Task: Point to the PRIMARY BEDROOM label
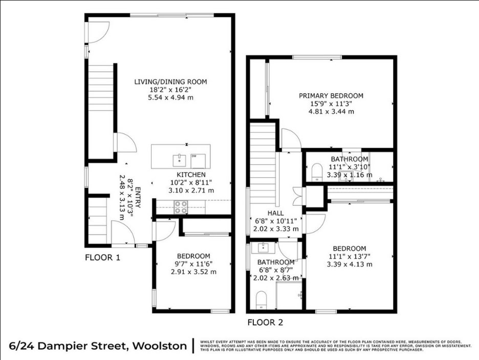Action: click(331, 96)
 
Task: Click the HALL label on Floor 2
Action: click(275, 213)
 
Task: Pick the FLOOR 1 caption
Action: click(102, 258)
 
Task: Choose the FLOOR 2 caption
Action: click(265, 322)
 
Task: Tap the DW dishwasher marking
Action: click(194, 156)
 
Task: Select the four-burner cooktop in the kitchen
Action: click(180, 207)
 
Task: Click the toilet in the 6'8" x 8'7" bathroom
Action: click(261, 300)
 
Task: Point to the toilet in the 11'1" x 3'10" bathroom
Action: click(316, 172)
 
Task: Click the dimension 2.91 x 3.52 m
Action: click(193, 271)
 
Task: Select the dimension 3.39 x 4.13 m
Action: click(349, 264)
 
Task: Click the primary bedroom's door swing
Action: click(290, 139)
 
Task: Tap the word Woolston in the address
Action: click(160, 346)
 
